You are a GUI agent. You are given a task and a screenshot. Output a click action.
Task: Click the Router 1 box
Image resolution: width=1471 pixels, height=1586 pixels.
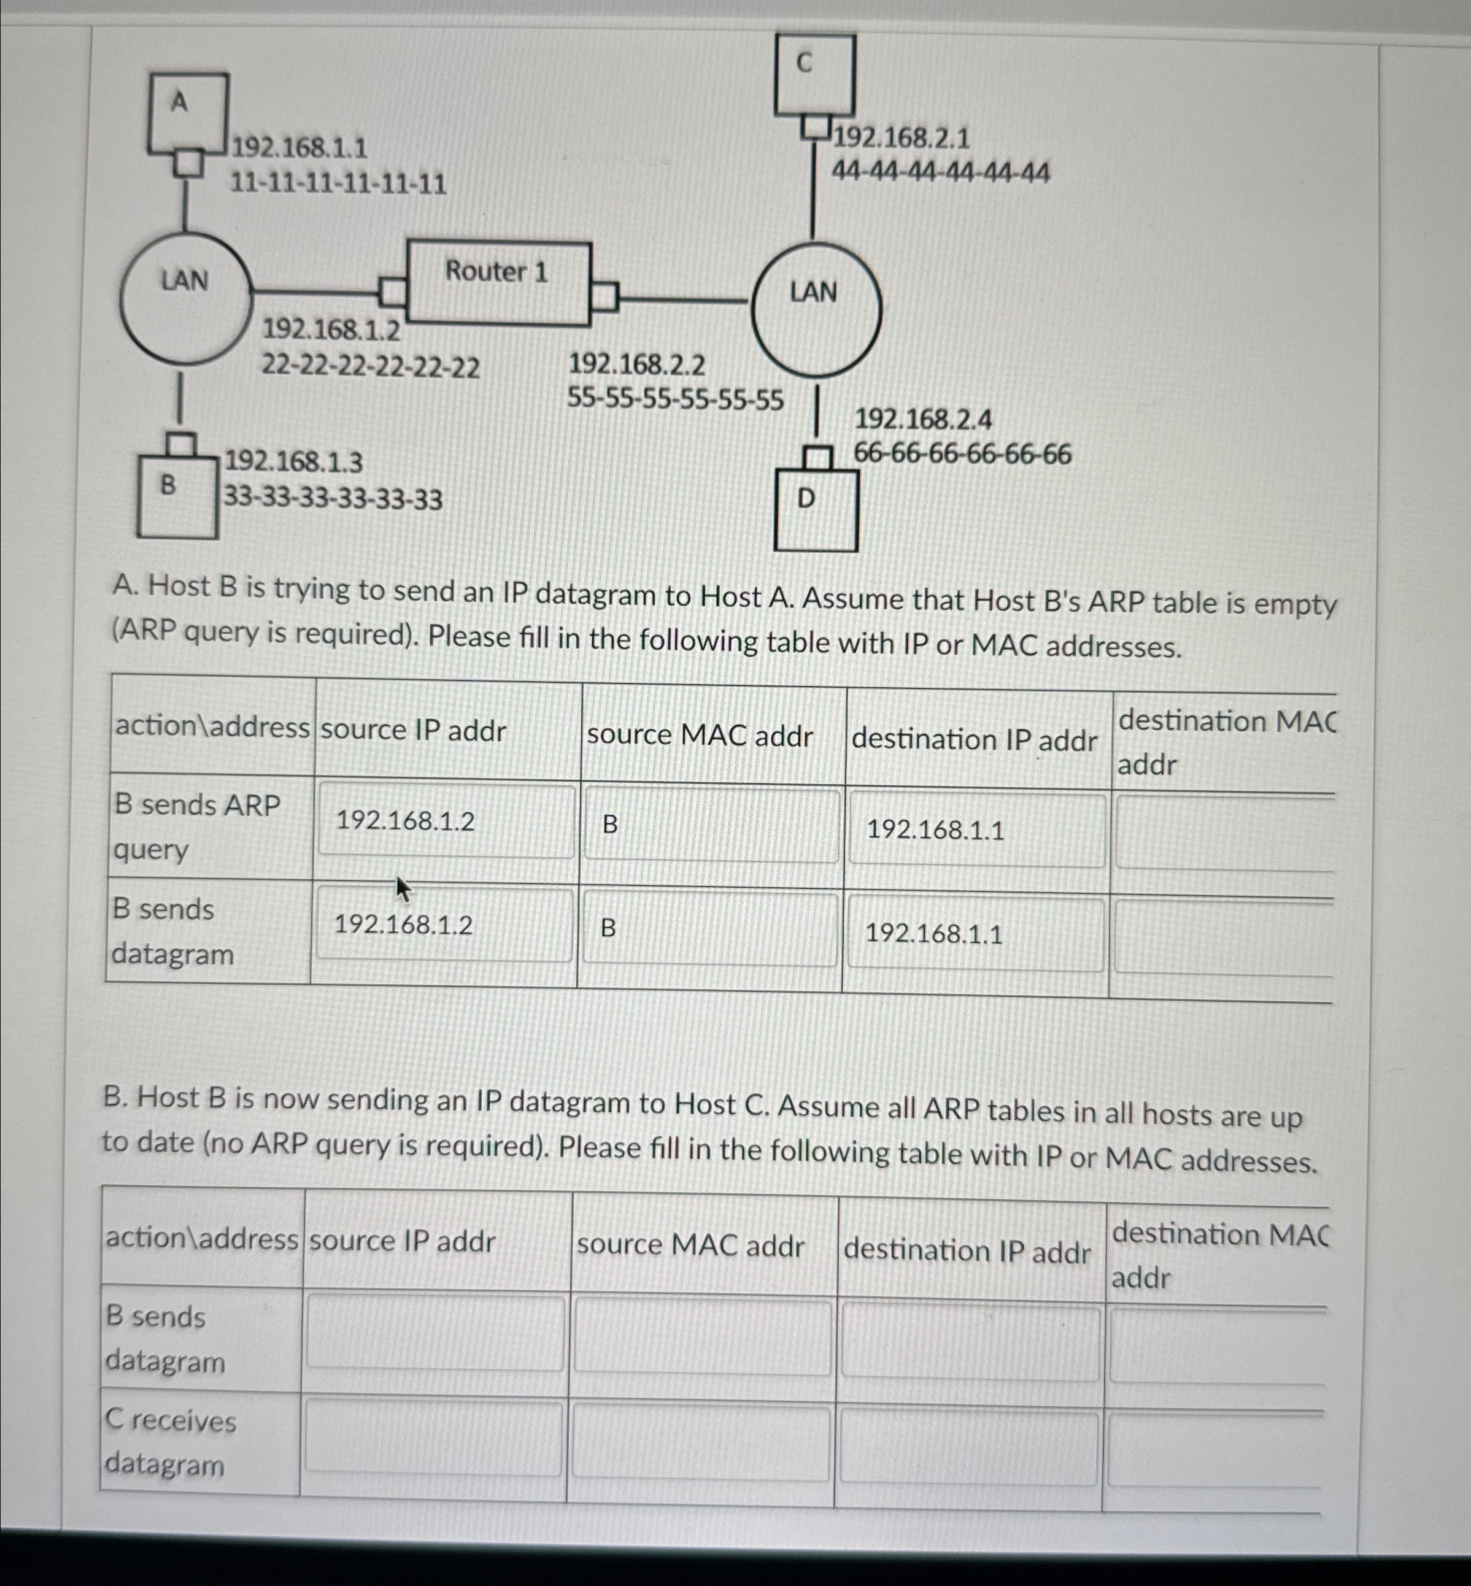click(498, 283)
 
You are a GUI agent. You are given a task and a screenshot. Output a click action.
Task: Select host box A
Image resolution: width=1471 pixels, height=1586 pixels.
click(188, 112)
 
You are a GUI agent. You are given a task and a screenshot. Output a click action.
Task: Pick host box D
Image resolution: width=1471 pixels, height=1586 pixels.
click(816, 509)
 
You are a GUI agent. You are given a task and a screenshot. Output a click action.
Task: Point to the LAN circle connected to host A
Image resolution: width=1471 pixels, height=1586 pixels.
click(185, 298)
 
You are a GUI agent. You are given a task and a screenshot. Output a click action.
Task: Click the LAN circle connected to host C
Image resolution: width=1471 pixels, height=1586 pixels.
click(816, 309)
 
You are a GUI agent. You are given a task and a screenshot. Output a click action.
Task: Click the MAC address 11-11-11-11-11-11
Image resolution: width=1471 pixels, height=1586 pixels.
click(338, 185)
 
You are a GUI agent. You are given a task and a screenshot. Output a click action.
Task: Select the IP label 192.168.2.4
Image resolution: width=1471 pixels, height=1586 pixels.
click(922, 420)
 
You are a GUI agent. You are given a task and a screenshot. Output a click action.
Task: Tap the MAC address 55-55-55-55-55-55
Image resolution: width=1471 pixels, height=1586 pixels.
click(675, 399)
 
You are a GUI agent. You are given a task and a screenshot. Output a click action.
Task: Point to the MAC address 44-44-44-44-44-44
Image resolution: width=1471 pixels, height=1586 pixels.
click(940, 172)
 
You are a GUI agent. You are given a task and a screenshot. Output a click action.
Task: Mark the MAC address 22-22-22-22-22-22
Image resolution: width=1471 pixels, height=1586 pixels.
click(371, 367)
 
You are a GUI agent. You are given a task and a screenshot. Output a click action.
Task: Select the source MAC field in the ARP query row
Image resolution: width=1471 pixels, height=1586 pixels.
click(711, 825)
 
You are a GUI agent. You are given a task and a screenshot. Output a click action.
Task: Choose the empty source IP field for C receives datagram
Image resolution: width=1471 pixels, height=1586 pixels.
click(434, 1439)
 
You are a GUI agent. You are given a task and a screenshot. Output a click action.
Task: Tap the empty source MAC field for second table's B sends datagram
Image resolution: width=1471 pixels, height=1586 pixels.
click(702, 1335)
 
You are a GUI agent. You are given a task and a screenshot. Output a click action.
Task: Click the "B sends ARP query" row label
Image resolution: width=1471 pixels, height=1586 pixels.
click(198, 828)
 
